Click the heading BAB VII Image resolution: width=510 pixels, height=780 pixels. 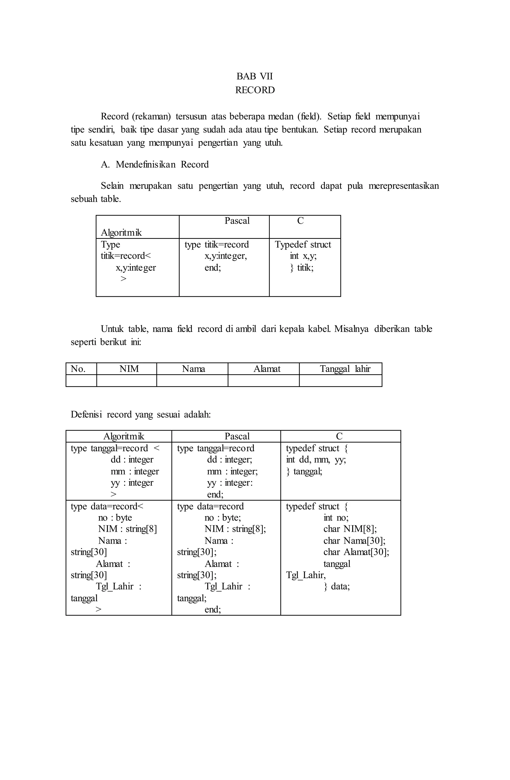point(255,76)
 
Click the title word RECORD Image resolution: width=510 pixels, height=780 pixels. point(255,90)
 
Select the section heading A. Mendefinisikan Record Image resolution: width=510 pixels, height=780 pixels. point(154,164)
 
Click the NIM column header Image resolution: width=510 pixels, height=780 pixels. point(129,369)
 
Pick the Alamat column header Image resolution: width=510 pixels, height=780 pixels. point(267,369)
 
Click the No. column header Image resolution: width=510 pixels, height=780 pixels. point(78,369)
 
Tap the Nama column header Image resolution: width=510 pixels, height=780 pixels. point(193,369)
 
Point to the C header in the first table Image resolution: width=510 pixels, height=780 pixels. point(300,221)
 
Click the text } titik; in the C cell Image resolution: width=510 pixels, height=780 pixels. point(302,268)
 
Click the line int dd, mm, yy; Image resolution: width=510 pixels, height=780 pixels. point(316,460)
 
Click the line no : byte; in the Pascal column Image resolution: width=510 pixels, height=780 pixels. point(223,518)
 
